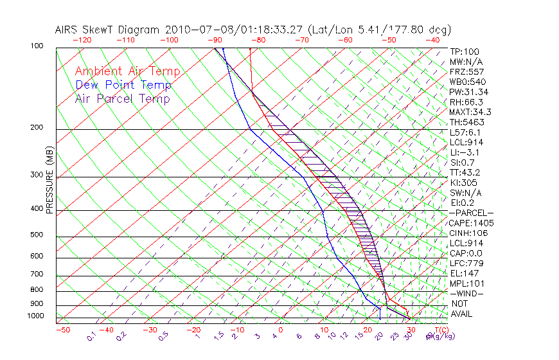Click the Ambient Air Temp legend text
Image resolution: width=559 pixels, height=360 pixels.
(x=127, y=71)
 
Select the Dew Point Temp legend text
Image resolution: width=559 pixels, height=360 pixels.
(x=123, y=85)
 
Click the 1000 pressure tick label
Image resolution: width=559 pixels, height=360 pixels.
(x=36, y=316)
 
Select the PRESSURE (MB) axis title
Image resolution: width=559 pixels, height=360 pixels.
(x=49, y=181)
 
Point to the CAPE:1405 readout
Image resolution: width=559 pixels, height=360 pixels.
(x=471, y=222)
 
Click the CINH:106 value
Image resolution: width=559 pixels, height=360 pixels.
(x=468, y=233)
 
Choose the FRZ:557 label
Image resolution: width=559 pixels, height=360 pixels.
(x=466, y=71)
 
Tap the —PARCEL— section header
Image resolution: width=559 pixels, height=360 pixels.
(x=471, y=213)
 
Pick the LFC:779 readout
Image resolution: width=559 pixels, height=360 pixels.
(x=466, y=263)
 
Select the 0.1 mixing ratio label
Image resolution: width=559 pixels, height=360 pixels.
(x=91, y=335)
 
